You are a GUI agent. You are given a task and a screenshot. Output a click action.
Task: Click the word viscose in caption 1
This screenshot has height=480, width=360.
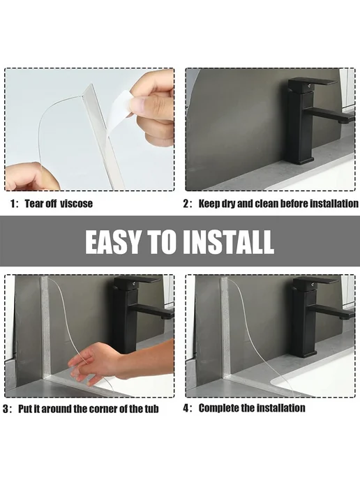[x=76, y=204]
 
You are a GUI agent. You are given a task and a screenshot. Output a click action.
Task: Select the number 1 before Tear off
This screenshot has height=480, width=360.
[x=13, y=204]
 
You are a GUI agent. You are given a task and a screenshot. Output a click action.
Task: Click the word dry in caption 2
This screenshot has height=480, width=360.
[x=228, y=204]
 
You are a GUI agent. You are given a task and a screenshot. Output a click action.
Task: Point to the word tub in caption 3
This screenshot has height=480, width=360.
[x=151, y=409]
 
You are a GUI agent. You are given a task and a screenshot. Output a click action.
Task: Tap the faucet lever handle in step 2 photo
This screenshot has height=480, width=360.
[x=312, y=82]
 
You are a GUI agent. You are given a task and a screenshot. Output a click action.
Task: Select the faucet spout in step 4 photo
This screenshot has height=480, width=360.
[x=331, y=314]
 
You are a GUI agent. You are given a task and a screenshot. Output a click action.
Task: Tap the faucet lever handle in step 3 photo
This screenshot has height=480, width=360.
[x=137, y=280]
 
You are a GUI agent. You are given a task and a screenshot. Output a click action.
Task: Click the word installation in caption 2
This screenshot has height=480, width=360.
[x=333, y=204]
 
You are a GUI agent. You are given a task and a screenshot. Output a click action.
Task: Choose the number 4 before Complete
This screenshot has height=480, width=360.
[x=186, y=408]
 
